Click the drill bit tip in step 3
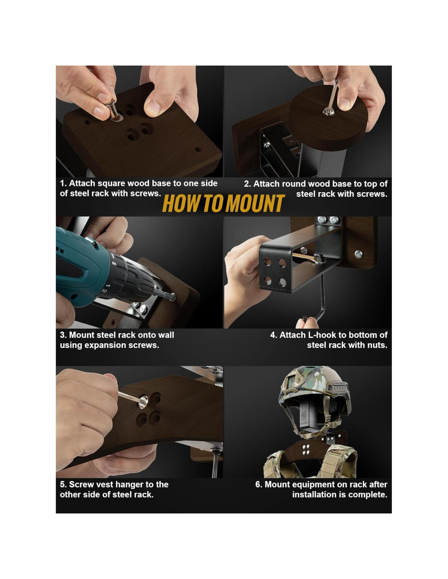point(173,296)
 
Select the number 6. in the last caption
point(259,484)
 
